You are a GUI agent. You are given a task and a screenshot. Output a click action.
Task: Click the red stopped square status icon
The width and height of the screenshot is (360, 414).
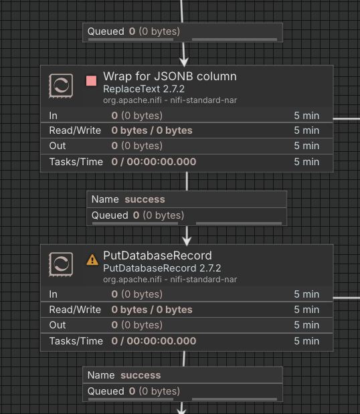[92, 81]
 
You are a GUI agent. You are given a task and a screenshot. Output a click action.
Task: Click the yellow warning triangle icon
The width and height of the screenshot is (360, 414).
[92, 260]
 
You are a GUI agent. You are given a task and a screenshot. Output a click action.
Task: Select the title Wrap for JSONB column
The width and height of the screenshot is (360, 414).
[170, 76]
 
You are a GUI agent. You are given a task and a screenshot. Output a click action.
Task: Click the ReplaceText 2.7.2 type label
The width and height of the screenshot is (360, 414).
[144, 89]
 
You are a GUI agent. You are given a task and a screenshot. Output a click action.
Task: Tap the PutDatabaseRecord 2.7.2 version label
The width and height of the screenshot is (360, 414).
[162, 268]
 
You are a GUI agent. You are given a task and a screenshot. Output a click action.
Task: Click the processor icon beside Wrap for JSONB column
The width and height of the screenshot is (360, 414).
[61, 86]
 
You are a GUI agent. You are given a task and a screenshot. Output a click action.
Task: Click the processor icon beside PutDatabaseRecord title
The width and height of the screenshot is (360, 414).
[61, 265]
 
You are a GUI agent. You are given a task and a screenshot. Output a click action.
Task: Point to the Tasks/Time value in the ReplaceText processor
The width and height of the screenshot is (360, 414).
[154, 162]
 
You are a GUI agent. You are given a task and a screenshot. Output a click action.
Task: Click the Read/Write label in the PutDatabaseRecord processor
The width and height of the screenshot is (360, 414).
[75, 310]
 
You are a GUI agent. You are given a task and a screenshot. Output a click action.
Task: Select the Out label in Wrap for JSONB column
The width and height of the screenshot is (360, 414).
[58, 146]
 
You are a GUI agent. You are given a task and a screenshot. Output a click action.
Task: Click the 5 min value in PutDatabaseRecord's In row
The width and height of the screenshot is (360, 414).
[306, 294]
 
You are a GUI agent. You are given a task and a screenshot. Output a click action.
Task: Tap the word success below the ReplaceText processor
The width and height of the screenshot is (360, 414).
[145, 199]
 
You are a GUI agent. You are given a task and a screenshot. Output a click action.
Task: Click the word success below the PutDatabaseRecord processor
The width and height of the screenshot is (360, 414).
[141, 375]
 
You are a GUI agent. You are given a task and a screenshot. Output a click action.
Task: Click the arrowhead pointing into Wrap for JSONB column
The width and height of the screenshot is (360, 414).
[184, 62]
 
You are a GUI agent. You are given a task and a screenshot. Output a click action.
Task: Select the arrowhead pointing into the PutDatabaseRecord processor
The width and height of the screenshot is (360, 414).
[187, 241]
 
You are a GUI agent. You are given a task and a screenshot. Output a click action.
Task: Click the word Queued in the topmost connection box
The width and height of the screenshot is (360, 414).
[106, 31]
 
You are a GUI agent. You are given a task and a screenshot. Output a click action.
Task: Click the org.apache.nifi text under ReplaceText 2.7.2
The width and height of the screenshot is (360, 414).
[132, 100]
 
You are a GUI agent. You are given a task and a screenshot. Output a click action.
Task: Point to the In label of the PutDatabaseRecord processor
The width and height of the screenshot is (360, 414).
[53, 294]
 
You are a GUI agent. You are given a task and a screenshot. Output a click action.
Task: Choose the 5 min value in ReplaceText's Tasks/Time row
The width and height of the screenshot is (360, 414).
[306, 162]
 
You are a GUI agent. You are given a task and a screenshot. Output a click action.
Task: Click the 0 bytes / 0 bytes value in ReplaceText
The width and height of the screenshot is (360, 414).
[152, 130]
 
